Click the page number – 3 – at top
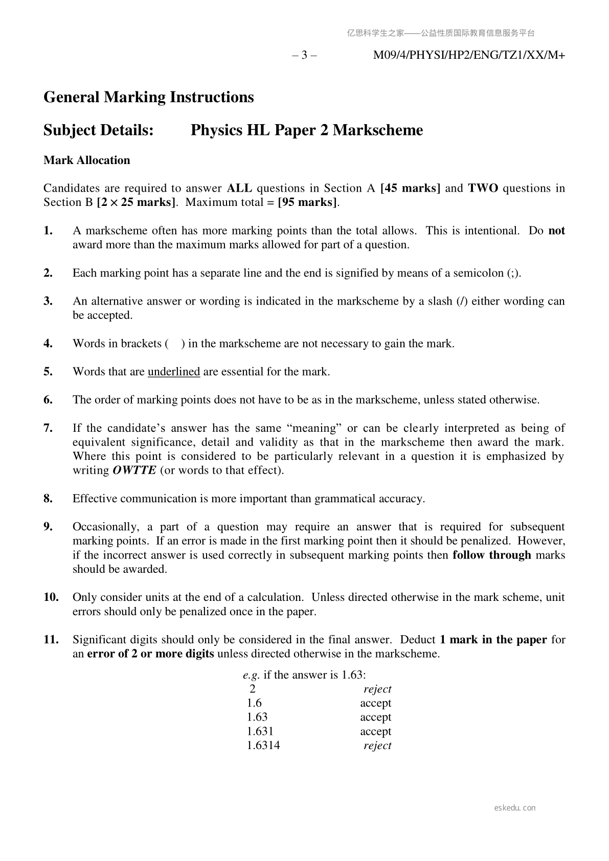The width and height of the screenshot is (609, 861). (x=304, y=55)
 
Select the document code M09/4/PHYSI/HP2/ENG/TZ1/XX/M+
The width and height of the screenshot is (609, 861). (x=469, y=55)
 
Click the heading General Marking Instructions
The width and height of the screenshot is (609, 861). (x=148, y=97)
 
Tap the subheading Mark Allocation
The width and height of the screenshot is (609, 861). (x=87, y=160)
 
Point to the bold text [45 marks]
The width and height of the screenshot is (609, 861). (x=411, y=188)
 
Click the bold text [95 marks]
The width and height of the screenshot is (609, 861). (x=307, y=202)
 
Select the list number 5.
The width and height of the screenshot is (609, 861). (x=49, y=371)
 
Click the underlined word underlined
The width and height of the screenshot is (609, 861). (x=174, y=371)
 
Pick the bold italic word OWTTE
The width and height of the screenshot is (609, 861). (x=134, y=470)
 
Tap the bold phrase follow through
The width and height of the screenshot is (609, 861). (x=492, y=555)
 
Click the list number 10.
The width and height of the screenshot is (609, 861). (x=51, y=597)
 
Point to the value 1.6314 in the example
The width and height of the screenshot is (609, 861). (x=263, y=746)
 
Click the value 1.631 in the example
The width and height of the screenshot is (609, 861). (x=260, y=731)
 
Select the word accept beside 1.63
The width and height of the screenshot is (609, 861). (x=375, y=717)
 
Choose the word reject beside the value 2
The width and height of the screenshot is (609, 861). (x=377, y=689)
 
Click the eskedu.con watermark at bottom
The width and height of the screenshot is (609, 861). (x=515, y=808)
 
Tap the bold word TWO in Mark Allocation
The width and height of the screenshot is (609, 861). (x=483, y=188)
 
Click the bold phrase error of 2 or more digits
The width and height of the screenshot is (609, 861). (x=151, y=654)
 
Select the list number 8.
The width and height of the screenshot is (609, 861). (x=49, y=499)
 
